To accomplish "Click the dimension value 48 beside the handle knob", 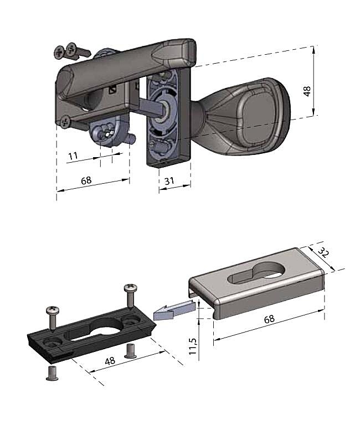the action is coord(307,91).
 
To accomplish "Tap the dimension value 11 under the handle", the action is coord(73,156).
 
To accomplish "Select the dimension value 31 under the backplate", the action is coord(169,181).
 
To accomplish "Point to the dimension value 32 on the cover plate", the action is coord(323,253).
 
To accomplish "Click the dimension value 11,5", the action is coord(193,346).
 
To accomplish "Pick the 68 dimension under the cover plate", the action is coord(269,319).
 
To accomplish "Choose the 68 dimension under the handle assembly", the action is coord(86,180).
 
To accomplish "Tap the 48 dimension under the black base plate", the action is coord(110,361).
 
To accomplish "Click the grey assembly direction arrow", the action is coord(174,310).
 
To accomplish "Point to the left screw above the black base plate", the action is coord(53,318).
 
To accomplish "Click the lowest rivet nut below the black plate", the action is coord(52,373).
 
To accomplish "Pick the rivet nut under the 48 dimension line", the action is coord(130,351).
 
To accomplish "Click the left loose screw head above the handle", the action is coord(59,53).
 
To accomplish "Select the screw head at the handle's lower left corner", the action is coord(65,122).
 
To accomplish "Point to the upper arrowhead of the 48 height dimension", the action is coord(313,50).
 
